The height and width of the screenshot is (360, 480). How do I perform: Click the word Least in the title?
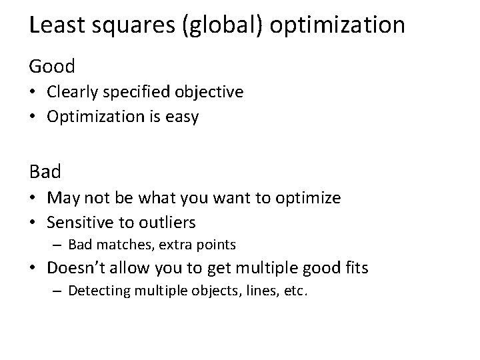click(55, 25)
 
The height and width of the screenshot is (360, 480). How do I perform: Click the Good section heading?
click(52, 66)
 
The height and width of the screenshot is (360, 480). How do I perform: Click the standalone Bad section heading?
click(45, 171)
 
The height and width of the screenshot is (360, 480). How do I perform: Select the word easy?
click(182, 117)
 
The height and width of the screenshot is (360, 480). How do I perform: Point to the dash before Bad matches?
click(59, 245)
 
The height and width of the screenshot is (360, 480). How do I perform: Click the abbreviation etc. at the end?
click(296, 291)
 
